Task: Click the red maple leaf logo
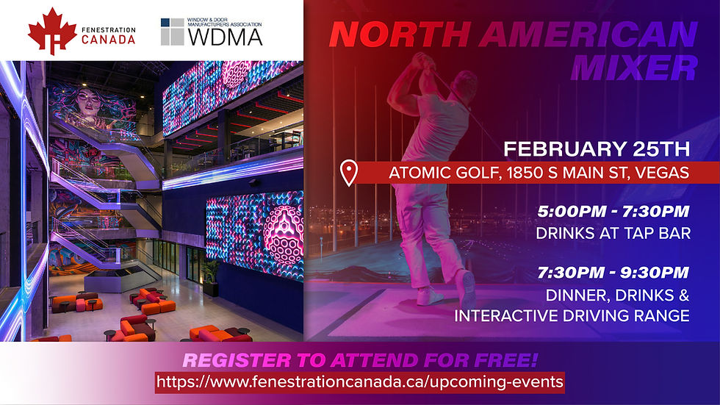pyautogui.click(x=52, y=31)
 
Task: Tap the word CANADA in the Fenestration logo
pyautogui.click(x=109, y=40)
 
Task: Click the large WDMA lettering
pyautogui.click(x=225, y=37)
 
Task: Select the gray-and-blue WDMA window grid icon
pyautogui.click(x=172, y=32)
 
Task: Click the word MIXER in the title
pyautogui.click(x=634, y=68)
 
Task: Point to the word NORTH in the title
pyautogui.click(x=400, y=34)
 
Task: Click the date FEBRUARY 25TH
pyautogui.click(x=597, y=148)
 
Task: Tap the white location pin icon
pyautogui.click(x=348, y=173)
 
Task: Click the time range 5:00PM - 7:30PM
pyautogui.click(x=613, y=211)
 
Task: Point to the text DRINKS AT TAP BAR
pyautogui.click(x=613, y=233)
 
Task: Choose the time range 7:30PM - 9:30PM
pyautogui.click(x=613, y=272)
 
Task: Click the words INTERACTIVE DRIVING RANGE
pyautogui.click(x=572, y=316)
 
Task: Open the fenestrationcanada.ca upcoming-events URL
pyautogui.click(x=359, y=382)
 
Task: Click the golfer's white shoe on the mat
pyautogui.click(x=430, y=297)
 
